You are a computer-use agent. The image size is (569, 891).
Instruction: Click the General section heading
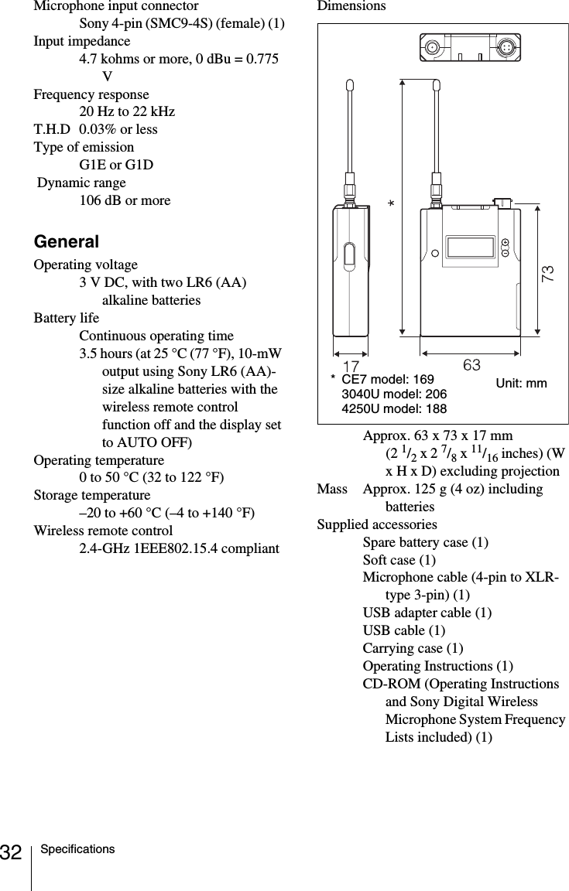[66, 242]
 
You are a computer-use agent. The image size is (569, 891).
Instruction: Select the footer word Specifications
[78, 849]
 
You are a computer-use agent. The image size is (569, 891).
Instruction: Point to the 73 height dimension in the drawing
[548, 272]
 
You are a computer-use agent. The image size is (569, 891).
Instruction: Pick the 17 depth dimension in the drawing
[351, 364]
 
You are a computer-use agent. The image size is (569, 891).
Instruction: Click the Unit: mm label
[521, 384]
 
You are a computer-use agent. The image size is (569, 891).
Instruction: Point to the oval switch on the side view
[349, 254]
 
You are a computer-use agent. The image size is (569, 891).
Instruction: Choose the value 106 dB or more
[125, 201]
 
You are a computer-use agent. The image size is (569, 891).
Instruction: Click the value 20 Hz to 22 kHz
[127, 112]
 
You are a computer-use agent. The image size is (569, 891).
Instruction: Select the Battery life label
[66, 319]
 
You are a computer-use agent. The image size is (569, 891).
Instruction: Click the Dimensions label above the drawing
[351, 6]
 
